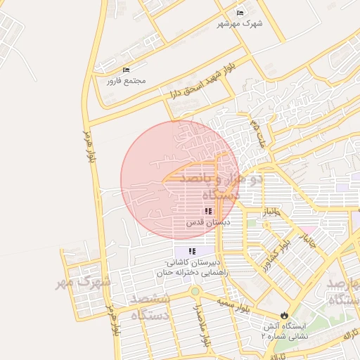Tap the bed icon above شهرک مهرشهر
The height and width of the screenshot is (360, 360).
click(240, 12)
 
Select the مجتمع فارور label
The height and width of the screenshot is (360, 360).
click(126, 81)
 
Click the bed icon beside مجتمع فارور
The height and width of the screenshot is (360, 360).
click(127, 70)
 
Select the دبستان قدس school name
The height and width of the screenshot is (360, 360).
click(208, 222)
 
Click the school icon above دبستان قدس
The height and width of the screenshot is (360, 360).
click(208, 211)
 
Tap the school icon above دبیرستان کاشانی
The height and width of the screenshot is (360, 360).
click(192, 251)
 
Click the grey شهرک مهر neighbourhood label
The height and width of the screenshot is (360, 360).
click(85, 283)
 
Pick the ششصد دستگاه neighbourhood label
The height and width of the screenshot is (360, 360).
click(149, 308)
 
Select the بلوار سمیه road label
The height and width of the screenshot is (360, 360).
click(235, 304)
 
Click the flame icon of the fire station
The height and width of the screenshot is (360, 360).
click(284, 316)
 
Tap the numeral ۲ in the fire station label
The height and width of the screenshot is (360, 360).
click(264, 337)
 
